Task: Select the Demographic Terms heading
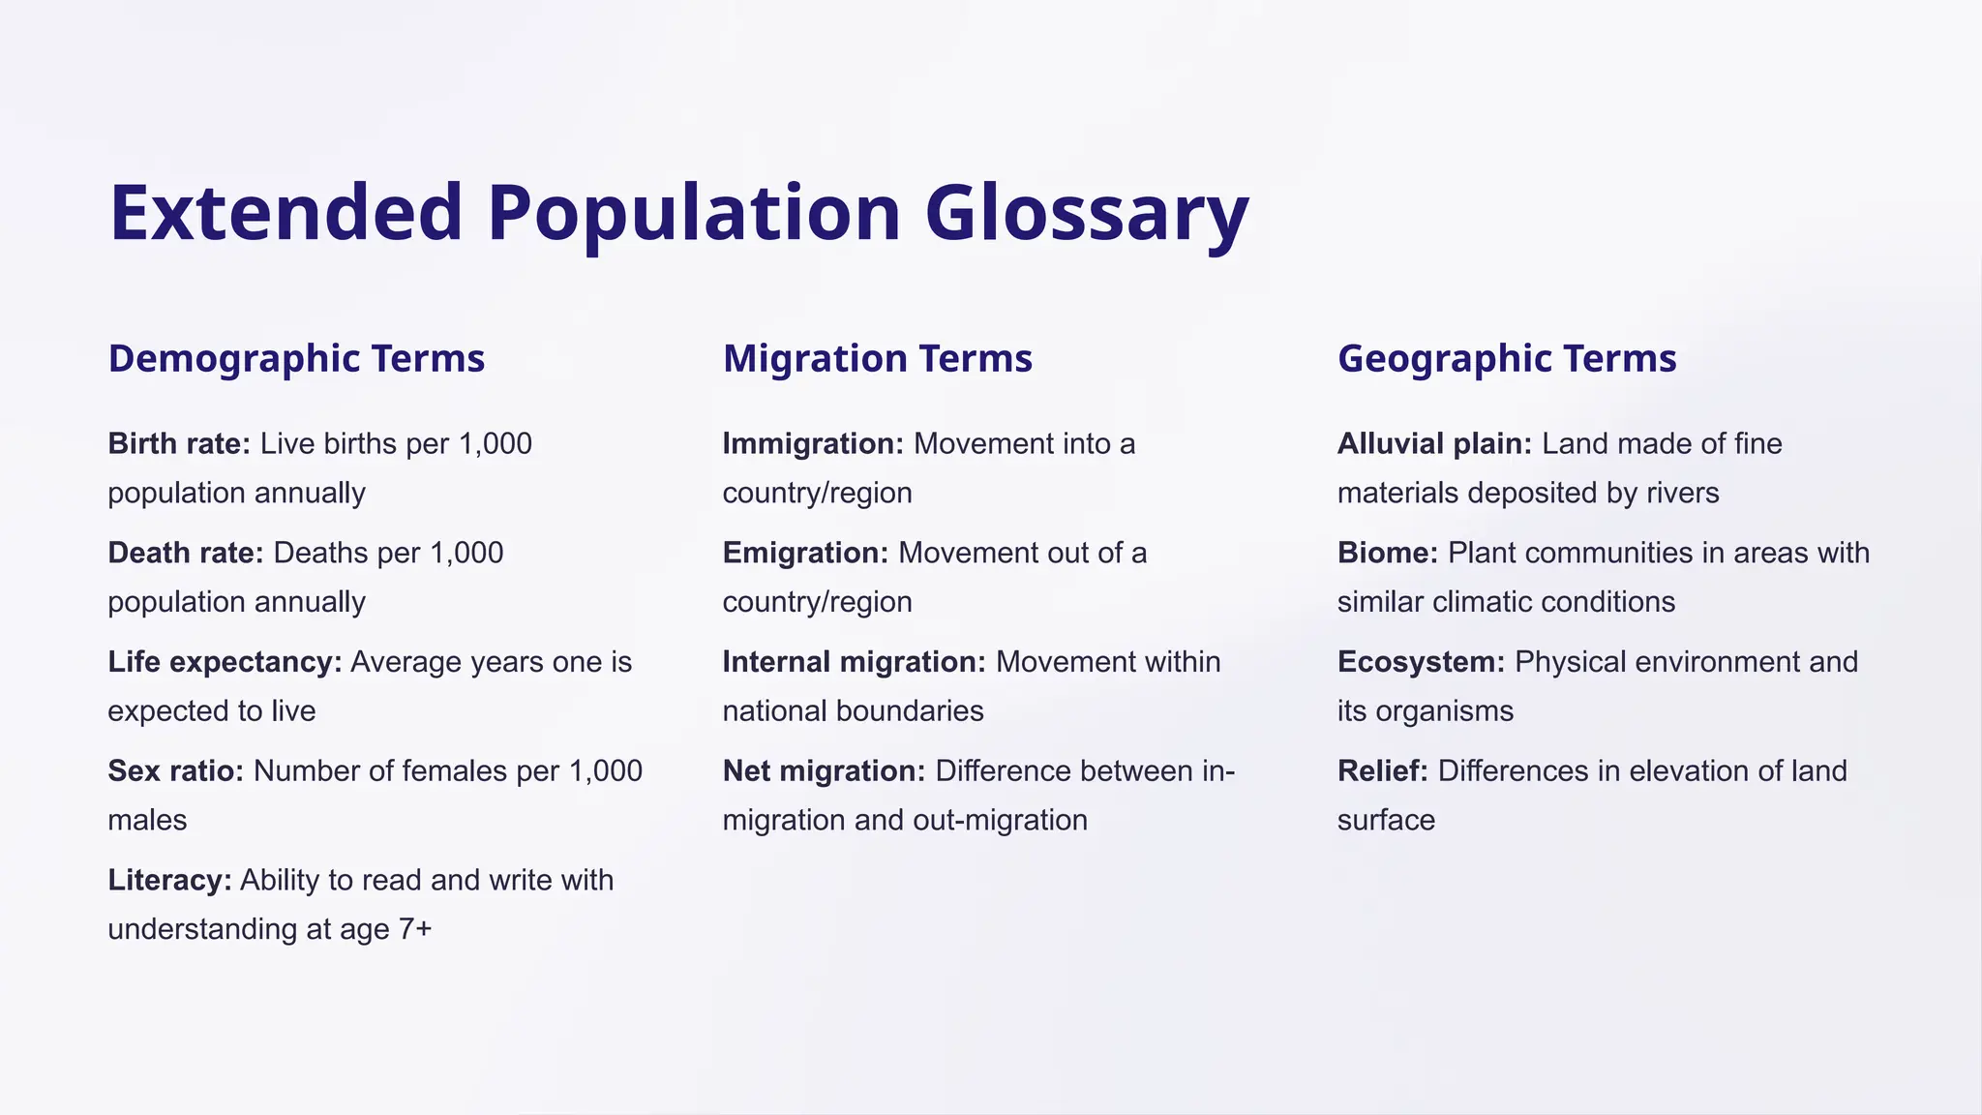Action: click(x=296, y=358)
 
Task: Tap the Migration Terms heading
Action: click(x=877, y=358)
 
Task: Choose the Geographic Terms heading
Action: click(x=1506, y=358)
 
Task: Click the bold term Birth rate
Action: click(x=179, y=443)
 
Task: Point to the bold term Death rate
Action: click(x=185, y=553)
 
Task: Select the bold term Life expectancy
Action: click(x=225, y=662)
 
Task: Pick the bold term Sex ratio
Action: click(x=175, y=771)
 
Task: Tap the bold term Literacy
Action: click(x=169, y=880)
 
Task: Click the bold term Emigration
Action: click(x=805, y=553)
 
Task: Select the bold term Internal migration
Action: click(x=854, y=662)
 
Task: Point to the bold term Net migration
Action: click(x=824, y=771)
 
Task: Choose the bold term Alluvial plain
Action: click(x=1434, y=443)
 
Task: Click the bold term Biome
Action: click(x=1387, y=553)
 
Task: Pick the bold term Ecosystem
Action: click(x=1421, y=662)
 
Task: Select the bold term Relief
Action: click(x=1382, y=771)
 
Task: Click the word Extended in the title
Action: click(x=286, y=214)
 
